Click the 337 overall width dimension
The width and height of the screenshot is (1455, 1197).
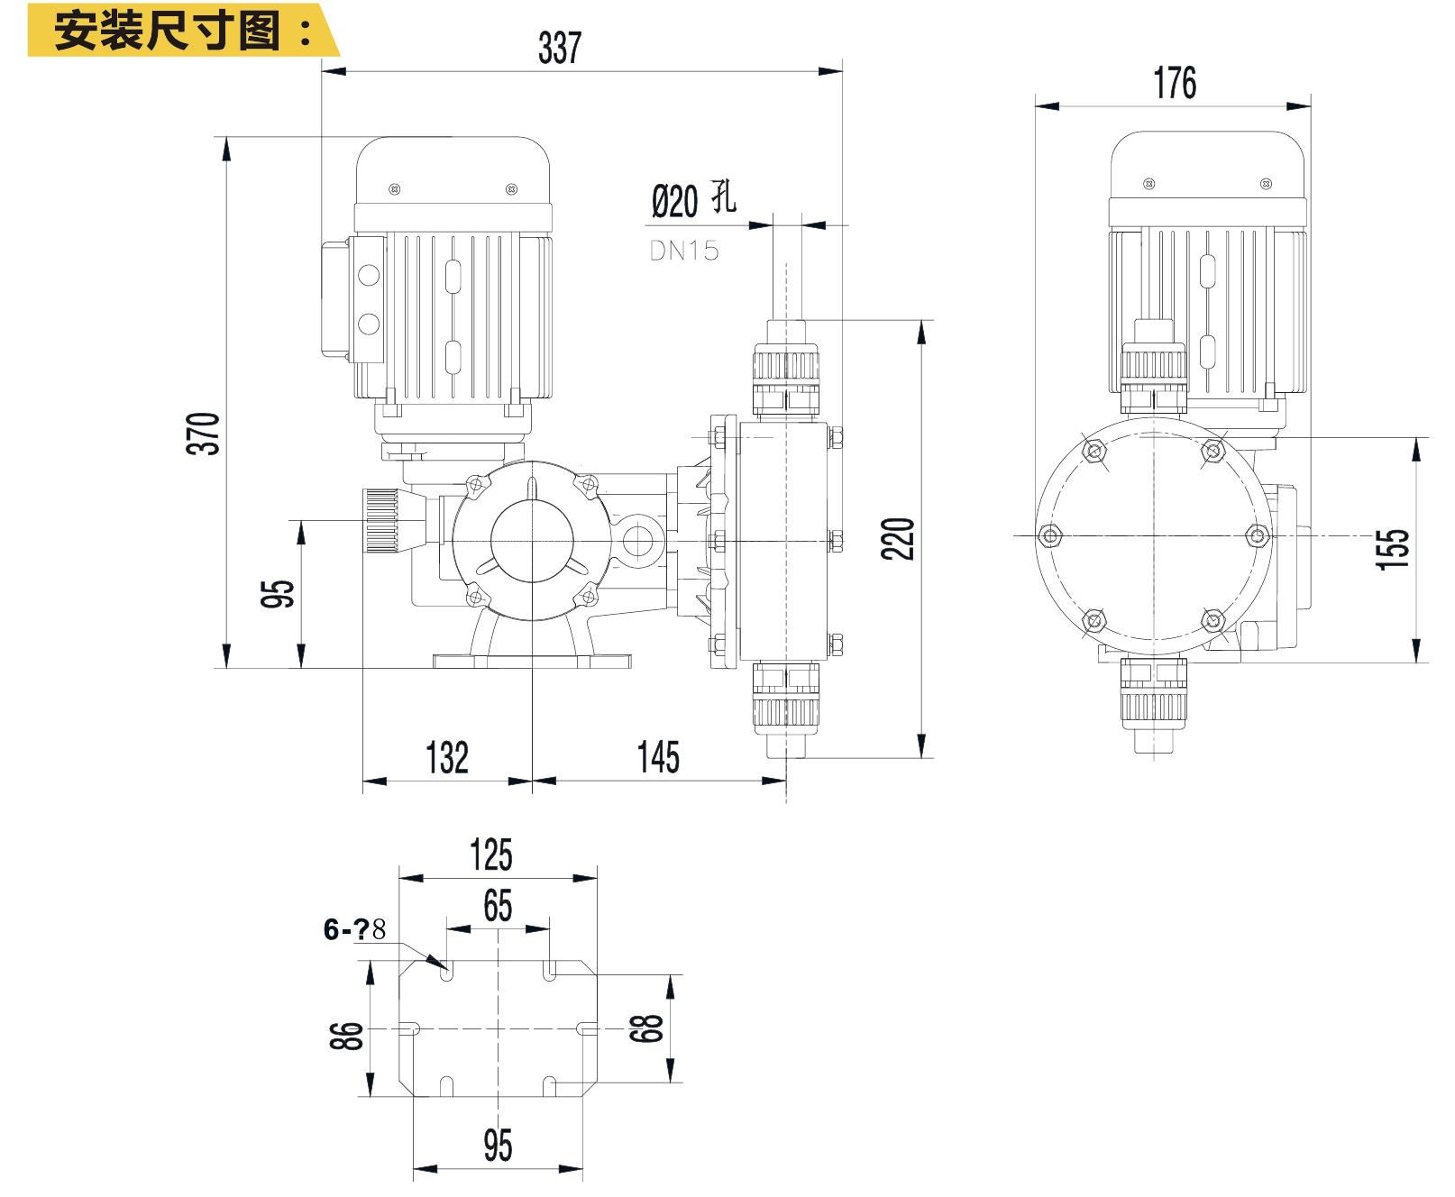pyautogui.click(x=560, y=48)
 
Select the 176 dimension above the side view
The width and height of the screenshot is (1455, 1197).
pyautogui.click(x=1175, y=83)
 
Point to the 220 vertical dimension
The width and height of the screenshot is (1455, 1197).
pyautogui.click(x=898, y=539)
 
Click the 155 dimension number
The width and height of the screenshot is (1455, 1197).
pyautogui.click(x=1393, y=549)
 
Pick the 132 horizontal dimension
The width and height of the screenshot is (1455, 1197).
pyautogui.click(x=447, y=757)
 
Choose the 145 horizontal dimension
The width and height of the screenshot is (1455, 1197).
pyautogui.click(x=658, y=757)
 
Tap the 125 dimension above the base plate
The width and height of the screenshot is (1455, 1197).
pyautogui.click(x=491, y=854)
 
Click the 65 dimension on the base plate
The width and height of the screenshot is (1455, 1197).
pyautogui.click(x=498, y=906)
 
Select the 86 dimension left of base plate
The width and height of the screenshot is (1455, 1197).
pyautogui.click(x=348, y=1036)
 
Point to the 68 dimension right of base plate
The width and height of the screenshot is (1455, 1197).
pyautogui.click(x=646, y=1028)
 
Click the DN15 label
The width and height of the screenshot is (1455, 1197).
pyautogui.click(x=684, y=251)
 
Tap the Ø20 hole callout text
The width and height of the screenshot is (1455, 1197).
pyautogui.click(x=692, y=200)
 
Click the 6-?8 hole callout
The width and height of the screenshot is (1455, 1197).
pyautogui.click(x=354, y=929)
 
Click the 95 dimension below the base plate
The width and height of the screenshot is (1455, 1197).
pyautogui.click(x=498, y=1146)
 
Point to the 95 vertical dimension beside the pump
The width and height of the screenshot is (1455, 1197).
pyautogui.click(x=278, y=593)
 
